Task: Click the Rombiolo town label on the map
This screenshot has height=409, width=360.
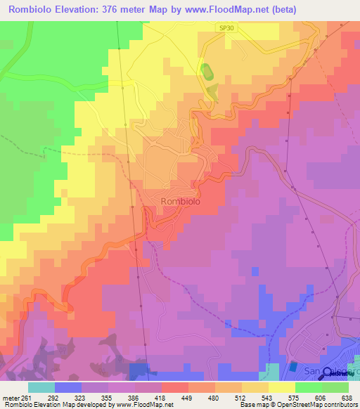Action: point(181,201)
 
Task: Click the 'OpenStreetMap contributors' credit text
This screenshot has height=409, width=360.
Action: point(309,405)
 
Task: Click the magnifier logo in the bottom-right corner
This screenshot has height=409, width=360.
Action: point(328,374)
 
